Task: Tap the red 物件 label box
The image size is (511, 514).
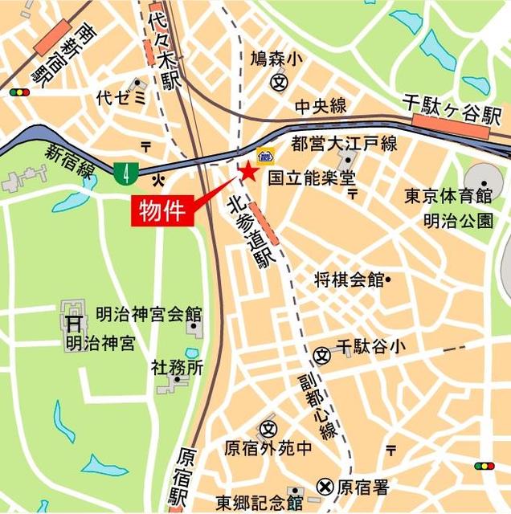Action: [x=163, y=211]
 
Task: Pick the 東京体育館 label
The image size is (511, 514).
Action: [x=448, y=196]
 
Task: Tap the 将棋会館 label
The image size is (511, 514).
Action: [x=349, y=279]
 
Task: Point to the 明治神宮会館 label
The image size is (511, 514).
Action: [x=149, y=314]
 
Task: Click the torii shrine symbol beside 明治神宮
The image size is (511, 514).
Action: [x=73, y=324]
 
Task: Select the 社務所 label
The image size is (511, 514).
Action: [x=177, y=368]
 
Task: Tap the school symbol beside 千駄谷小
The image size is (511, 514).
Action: [x=323, y=353]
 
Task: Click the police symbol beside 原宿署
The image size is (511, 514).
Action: [x=325, y=486]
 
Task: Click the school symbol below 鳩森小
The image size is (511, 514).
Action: [x=279, y=80]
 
